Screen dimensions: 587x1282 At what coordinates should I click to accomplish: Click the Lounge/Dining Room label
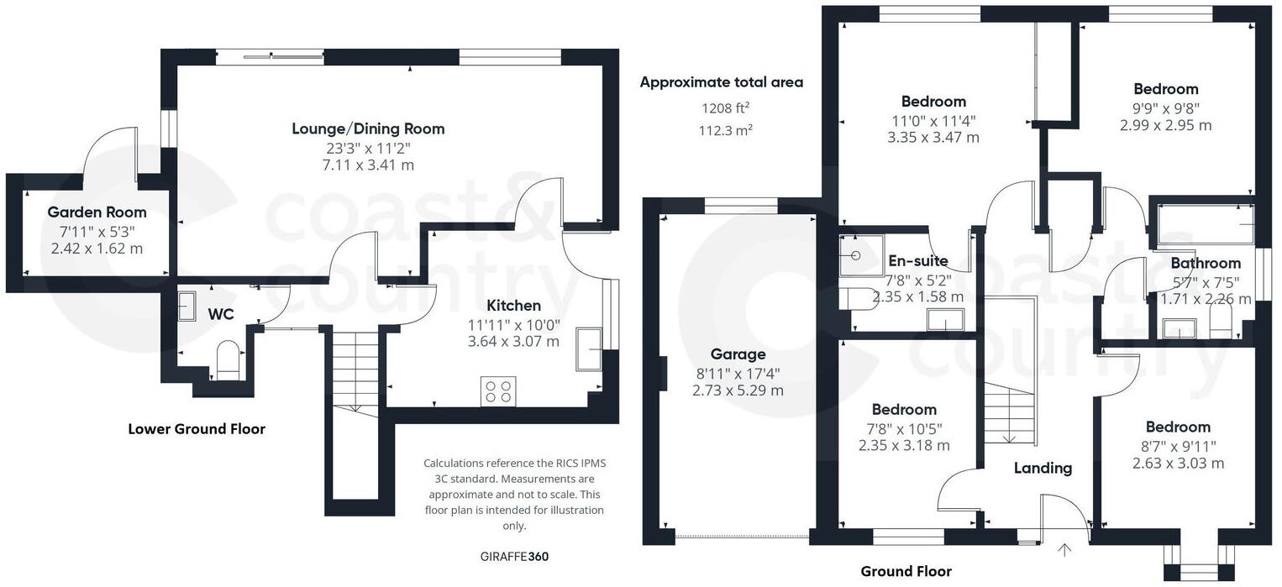point(368,128)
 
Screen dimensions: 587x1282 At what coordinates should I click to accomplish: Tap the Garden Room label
point(97,212)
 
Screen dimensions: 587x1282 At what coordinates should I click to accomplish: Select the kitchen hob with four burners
point(498,391)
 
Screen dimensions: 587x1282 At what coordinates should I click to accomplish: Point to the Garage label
point(738,354)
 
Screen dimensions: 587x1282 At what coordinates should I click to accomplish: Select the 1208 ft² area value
point(726,107)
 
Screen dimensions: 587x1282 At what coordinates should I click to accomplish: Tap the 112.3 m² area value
point(726,130)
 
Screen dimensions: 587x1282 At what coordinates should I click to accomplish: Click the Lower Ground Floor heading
point(197,429)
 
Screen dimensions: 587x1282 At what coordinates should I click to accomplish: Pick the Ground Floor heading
point(906,572)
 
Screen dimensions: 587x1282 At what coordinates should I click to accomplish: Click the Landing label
point(1043,468)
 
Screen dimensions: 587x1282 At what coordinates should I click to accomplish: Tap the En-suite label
point(917,261)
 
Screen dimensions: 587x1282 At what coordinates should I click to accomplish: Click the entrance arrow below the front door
point(1064,551)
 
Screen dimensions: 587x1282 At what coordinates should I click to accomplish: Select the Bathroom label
point(1206,263)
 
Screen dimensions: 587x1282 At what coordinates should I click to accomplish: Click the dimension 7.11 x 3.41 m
point(368,165)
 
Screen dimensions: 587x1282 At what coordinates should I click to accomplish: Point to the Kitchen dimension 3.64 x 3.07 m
point(513,341)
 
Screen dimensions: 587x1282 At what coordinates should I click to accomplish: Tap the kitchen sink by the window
point(588,349)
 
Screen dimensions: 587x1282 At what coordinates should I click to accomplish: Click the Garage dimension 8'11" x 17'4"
point(738,373)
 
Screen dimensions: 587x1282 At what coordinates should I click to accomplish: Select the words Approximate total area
point(722,82)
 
